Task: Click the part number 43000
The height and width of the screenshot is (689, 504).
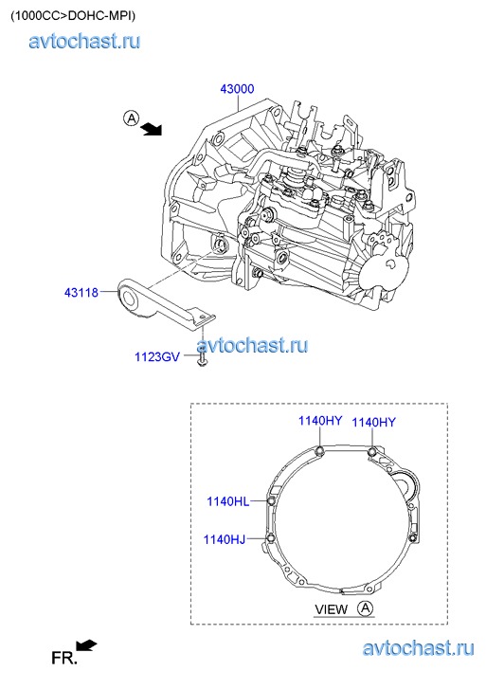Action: tap(237, 89)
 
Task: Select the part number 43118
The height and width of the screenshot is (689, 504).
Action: tap(81, 292)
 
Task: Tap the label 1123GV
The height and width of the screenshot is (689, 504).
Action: tap(157, 356)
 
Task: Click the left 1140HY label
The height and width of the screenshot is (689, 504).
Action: tap(320, 421)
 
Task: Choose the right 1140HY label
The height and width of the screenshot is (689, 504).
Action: tap(373, 422)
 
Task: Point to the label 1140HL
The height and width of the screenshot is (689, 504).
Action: tap(227, 501)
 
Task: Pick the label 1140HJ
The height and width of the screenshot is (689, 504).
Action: tap(225, 539)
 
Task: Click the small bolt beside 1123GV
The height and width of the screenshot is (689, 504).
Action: tap(202, 358)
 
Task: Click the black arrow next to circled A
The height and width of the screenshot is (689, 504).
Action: tap(152, 129)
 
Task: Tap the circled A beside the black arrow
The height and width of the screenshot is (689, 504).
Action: tap(131, 118)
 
